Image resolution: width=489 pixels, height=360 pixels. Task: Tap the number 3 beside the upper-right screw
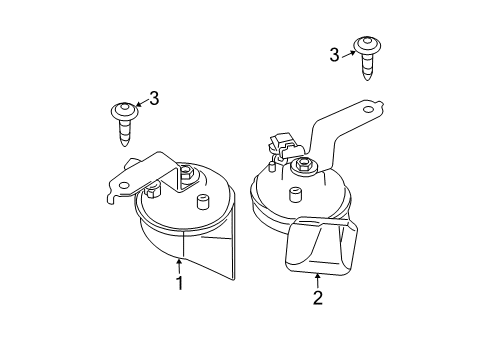pyautogui.click(x=334, y=55)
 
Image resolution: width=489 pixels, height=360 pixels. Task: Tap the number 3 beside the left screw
pyautogui.click(x=154, y=97)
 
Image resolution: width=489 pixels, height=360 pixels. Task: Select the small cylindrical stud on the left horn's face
pyautogui.click(x=203, y=205)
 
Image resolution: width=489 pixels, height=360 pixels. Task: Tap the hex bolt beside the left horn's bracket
pyautogui.click(x=153, y=189)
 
